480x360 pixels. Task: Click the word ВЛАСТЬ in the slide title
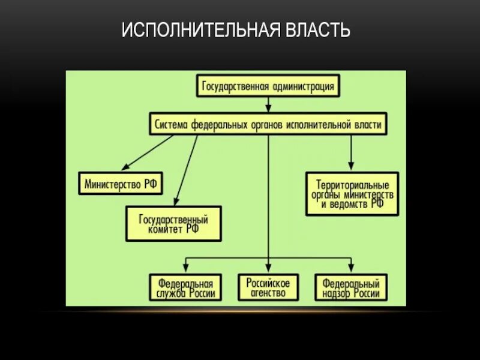(318, 29)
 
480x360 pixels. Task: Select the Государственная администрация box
(269, 86)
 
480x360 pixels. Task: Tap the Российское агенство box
(268, 287)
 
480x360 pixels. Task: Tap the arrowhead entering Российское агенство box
(268, 268)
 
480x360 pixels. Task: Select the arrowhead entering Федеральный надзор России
(351, 268)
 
